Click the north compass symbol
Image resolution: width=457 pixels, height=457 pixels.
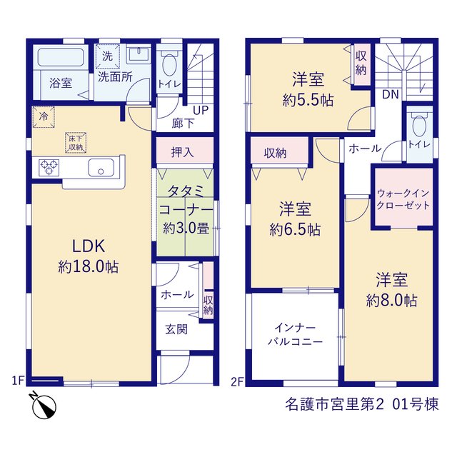pos(44,406)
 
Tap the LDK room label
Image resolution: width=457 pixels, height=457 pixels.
pos(89,246)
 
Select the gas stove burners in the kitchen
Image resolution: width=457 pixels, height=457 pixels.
pos(49,168)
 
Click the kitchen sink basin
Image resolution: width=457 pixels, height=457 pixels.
pos(101,167)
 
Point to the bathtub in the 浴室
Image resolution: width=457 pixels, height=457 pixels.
pos(61,57)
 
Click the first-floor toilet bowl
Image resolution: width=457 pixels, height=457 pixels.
pos(169,64)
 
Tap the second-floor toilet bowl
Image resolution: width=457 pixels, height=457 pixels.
pos(419,126)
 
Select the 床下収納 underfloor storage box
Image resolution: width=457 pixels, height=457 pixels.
pos(76,143)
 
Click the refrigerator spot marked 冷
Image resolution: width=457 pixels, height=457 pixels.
pos(44,117)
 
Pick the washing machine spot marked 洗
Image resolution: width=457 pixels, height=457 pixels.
pos(108,56)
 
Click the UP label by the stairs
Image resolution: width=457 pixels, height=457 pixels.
pos(201,111)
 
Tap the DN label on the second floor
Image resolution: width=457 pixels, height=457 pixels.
pos(391,94)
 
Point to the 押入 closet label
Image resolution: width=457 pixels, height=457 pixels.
pos(183,152)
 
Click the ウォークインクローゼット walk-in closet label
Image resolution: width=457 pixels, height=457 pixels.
pos(403,199)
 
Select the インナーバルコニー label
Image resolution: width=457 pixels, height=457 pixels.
pos(295,335)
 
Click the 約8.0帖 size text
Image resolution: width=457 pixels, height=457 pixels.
pos(391,300)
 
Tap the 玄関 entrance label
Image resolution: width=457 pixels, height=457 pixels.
pos(176,329)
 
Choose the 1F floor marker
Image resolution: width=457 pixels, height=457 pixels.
pos(17,381)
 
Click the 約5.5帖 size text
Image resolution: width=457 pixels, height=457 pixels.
pos(308,100)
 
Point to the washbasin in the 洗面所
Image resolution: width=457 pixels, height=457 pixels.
pos(139,54)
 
